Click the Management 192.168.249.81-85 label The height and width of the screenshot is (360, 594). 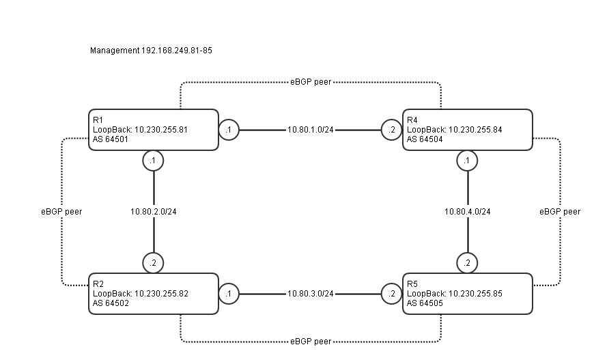click(151, 51)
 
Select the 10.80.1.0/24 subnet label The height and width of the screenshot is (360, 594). click(311, 129)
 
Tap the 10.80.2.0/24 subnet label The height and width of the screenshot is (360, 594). click(154, 212)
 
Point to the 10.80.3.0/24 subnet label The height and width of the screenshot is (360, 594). click(311, 294)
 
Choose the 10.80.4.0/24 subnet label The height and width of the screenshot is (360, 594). click(467, 212)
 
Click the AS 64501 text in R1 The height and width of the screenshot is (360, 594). click(111, 139)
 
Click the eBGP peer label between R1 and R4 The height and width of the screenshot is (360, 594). click(311, 82)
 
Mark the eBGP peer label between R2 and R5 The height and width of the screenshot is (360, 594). click(311, 341)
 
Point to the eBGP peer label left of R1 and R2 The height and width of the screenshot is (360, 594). click(61, 212)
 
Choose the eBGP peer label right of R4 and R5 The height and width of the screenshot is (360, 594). click(560, 212)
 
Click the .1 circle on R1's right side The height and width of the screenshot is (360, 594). click(229, 129)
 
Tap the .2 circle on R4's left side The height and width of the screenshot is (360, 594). click(392, 129)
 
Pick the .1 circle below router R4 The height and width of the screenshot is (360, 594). click(467, 161)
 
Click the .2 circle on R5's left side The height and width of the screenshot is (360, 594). click(392, 294)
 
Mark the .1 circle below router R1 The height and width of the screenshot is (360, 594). click(154, 161)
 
